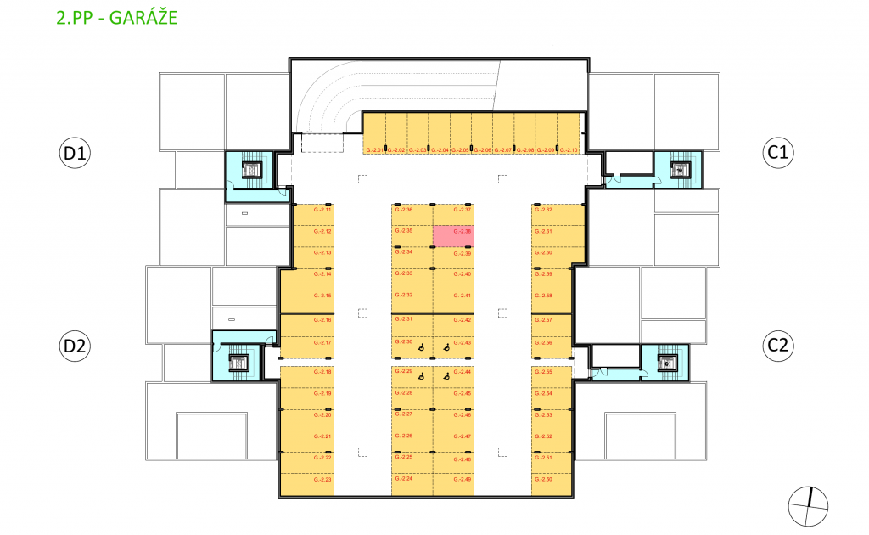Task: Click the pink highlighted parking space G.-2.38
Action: tap(454, 235)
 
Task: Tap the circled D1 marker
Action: tap(76, 154)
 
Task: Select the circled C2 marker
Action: tap(778, 346)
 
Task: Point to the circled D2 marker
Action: tap(76, 346)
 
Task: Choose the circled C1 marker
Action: tap(778, 154)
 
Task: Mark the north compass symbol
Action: tap(808, 507)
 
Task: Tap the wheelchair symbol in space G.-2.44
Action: tap(445, 374)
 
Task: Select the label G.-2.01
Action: tap(374, 150)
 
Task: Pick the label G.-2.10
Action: tap(569, 150)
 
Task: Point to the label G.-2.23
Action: tap(322, 480)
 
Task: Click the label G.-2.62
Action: tap(544, 209)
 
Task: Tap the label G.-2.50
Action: tap(544, 480)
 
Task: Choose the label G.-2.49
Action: tap(463, 480)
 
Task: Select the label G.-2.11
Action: tap(322, 209)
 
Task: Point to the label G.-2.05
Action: tap(461, 150)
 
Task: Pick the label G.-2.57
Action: tap(544, 320)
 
